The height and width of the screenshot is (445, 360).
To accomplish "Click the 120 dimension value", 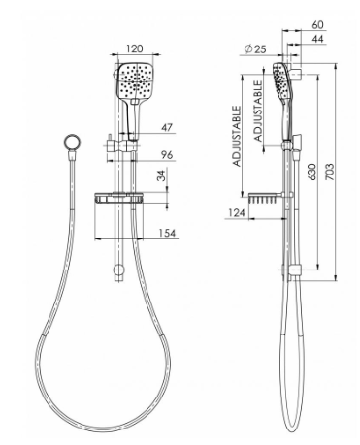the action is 134,48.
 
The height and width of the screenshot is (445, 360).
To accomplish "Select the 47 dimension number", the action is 167,127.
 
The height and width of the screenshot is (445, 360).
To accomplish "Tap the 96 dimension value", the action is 167,155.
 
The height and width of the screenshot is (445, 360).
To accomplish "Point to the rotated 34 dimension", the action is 161,175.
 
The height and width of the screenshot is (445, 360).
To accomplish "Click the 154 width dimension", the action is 167,233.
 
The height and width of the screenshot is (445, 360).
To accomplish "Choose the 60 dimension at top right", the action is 317,24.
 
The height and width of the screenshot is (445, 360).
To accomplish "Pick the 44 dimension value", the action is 317,39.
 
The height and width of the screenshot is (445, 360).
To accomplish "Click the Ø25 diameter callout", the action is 255,49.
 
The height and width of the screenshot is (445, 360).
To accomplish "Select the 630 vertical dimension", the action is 311,173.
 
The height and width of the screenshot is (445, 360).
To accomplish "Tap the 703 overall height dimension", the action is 329,173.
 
